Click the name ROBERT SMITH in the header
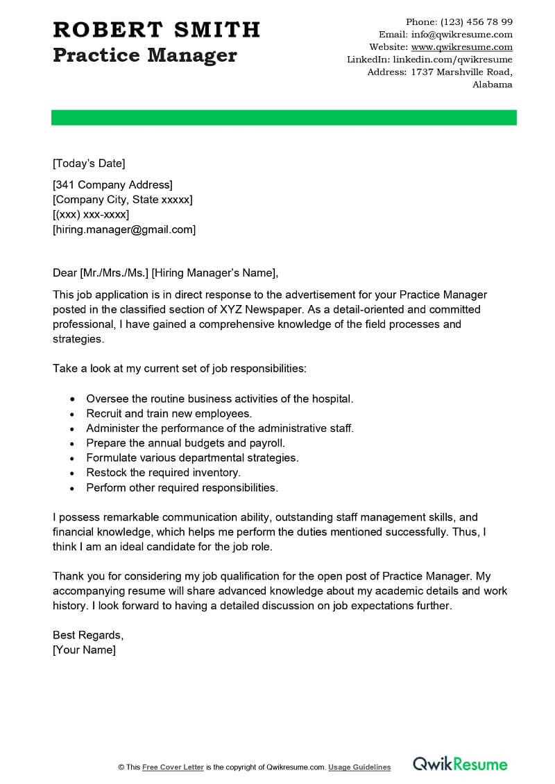click(156, 30)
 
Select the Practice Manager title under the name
click(145, 55)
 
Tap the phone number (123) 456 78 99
click(477, 22)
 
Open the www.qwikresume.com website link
click(461, 47)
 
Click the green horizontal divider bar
click(284, 118)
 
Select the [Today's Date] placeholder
click(89, 164)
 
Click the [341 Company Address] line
click(112, 184)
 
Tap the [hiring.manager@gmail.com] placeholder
click(124, 229)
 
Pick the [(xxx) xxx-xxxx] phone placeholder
click(91, 215)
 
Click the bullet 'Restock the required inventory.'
click(163, 473)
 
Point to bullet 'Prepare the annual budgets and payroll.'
click(185, 443)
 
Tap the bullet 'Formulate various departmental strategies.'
click(192, 458)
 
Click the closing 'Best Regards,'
click(88, 635)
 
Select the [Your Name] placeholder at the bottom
click(84, 650)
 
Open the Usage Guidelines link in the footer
click(359, 767)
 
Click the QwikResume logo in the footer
click(461, 765)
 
